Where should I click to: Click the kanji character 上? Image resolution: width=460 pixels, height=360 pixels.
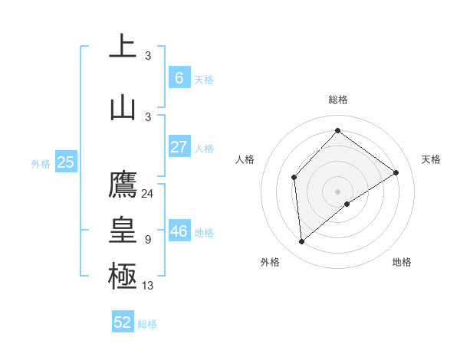[123, 47]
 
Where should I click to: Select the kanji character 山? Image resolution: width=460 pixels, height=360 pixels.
[123, 108]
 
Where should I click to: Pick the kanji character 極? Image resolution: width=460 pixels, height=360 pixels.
[123, 277]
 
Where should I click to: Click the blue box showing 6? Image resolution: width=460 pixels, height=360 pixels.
[179, 78]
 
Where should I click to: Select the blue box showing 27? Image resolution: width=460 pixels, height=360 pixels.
[179, 147]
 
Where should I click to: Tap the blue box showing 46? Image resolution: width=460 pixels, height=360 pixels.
[179, 231]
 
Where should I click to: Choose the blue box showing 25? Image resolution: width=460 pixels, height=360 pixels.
[65, 162]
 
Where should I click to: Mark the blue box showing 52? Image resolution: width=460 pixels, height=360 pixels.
[123, 322]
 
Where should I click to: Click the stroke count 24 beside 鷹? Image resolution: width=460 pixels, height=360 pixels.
[147, 194]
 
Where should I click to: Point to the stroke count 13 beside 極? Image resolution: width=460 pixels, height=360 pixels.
[148, 286]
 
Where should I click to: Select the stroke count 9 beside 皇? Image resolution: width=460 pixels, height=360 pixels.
[148, 240]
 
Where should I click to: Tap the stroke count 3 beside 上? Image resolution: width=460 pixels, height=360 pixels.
[148, 56]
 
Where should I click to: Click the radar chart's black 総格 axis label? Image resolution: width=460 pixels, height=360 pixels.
[337, 100]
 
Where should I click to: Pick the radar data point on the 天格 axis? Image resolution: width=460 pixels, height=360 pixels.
[396, 173]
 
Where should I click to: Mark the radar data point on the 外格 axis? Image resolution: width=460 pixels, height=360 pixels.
[302, 241]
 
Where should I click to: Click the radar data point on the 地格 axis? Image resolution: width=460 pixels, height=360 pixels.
[347, 204]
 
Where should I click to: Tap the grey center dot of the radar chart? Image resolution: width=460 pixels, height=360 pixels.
[337, 191]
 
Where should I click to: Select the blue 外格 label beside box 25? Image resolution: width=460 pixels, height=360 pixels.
[41, 163]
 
